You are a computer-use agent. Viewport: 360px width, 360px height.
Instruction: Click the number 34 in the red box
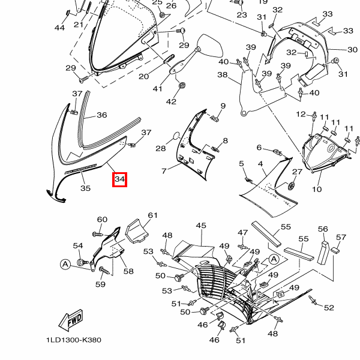click(x=119, y=179)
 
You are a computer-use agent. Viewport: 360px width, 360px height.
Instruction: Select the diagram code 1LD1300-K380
click(x=74, y=340)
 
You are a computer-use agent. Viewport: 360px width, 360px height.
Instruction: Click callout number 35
click(x=85, y=188)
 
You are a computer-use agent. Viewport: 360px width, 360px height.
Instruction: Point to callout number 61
click(x=152, y=215)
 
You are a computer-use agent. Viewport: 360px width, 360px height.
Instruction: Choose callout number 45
click(x=201, y=226)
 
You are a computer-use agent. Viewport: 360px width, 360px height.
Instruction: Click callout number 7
click(x=164, y=171)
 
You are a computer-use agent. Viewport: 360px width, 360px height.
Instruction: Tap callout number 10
click(x=317, y=189)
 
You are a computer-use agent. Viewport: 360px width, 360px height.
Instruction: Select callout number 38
click(x=223, y=74)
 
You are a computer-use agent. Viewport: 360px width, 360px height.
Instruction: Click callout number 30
click(x=352, y=50)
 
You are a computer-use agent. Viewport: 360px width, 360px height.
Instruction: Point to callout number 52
click(x=329, y=308)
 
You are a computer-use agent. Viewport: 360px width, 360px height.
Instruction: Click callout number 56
click(x=323, y=229)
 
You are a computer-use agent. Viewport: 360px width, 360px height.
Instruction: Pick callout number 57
click(x=341, y=237)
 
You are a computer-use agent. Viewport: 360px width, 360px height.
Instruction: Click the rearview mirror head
click(x=211, y=46)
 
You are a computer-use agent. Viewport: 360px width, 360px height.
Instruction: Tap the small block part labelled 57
click(x=335, y=250)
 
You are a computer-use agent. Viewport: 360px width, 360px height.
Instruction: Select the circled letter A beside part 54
click(x=65, y=264)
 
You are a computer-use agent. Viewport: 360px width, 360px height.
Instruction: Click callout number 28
click(x=160, y=149)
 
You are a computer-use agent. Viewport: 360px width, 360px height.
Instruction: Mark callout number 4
click(x=260, y=164)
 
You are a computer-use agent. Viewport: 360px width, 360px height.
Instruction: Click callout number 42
click(x=171, y=101)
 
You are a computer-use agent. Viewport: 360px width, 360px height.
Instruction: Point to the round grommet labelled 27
click(x=292, y=186)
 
